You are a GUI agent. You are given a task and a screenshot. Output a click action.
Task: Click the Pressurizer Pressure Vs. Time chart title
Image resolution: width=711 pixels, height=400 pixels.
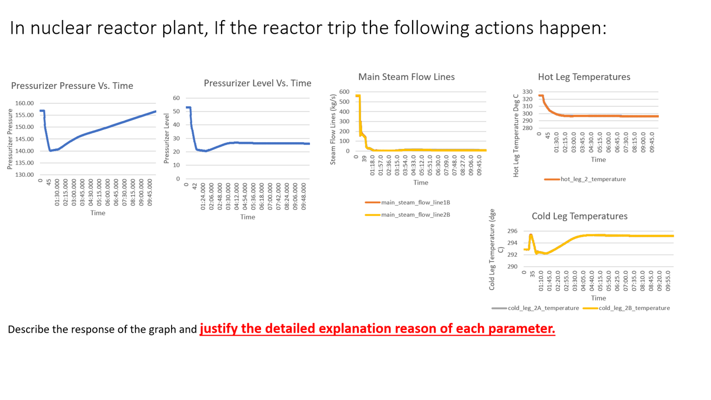[72, 86]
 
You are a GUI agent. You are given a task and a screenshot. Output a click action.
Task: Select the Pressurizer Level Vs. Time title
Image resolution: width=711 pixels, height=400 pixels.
[257, 83]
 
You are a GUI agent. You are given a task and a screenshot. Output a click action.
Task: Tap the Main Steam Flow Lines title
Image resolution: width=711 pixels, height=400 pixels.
[406, 77]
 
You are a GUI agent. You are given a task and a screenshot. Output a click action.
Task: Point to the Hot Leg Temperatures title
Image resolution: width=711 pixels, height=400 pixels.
[584, 77]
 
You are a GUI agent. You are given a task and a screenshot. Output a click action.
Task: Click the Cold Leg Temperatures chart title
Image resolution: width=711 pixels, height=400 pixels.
[579, 216]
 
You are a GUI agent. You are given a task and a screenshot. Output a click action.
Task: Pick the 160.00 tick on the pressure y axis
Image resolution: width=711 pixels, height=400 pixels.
[25, 103]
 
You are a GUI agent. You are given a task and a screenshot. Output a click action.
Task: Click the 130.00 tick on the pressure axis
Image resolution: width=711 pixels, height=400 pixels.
[25, 175]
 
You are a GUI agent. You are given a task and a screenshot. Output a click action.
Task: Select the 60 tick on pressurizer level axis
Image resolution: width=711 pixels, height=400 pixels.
[177, 98]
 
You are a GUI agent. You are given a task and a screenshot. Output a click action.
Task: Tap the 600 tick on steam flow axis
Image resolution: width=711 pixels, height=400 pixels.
[344, 92]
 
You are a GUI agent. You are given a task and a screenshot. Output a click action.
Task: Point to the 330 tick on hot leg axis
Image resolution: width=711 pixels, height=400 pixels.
[527, 92]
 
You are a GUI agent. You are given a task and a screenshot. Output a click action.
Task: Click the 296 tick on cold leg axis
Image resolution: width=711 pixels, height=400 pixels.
[512, 231]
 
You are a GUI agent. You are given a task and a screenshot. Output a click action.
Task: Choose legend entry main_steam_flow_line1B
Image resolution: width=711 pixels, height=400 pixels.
[415, 202]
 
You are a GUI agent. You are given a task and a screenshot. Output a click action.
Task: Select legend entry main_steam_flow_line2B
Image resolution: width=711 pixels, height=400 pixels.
[415, 215]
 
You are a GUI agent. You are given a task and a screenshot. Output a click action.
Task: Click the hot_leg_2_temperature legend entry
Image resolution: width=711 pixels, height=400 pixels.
[593, 179]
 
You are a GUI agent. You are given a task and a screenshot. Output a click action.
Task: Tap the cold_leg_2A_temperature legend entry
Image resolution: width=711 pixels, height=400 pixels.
[543, 308]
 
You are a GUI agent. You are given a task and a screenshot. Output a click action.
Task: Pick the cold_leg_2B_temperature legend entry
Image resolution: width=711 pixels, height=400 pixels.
[634, 308]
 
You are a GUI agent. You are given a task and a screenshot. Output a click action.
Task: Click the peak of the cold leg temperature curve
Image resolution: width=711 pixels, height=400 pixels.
[530, 235]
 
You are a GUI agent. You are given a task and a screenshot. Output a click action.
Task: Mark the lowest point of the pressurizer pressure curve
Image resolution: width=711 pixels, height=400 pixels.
[50, 151]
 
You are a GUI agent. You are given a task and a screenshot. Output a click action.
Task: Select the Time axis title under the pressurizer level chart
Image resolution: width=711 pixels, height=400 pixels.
[248, 217]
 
